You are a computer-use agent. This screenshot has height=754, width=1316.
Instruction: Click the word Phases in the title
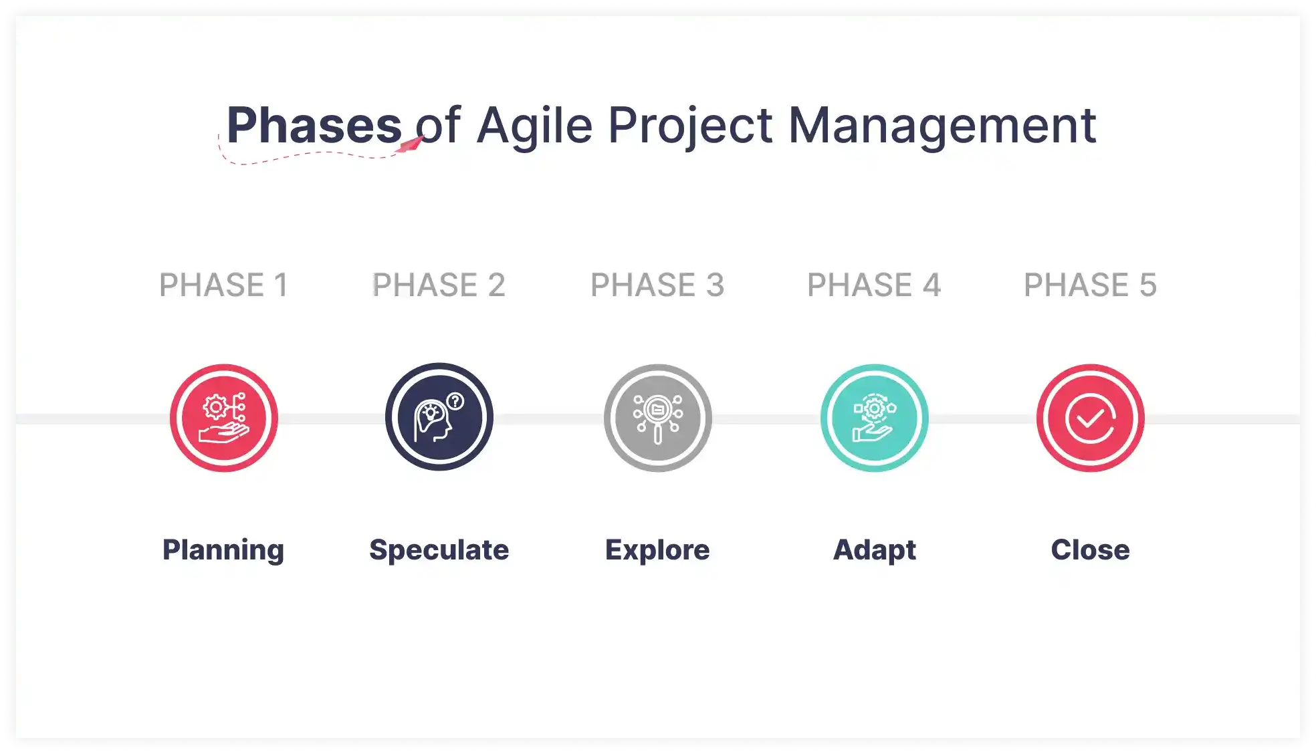pyautogui.click(x=314, y=126)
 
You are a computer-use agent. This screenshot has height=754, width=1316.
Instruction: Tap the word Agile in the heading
pyautogui.click(x=534, y=126)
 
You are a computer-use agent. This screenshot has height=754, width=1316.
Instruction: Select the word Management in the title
pyautogui.click(x=942, y=126)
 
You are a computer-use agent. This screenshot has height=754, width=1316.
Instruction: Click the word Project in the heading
pyautogui.click(x=690, y=126)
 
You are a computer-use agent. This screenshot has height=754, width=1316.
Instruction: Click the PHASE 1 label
pyautogui.click(x=223, y=285)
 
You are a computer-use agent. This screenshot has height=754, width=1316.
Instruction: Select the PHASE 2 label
pyautogui.click(x=439, y=285)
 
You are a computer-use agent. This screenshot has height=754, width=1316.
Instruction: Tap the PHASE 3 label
pyautogui.click(x=657, y=285)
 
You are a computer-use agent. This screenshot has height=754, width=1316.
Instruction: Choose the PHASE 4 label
pyautogui.click(x=874, y=285)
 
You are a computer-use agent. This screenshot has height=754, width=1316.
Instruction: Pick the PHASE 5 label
pyautogui.click(x=1090, y=285)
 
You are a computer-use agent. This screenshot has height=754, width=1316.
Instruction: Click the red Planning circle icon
pyautogui.click(x=223, y=418)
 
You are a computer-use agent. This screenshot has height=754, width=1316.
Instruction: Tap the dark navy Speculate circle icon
pyautogui.click(x=439, y=417)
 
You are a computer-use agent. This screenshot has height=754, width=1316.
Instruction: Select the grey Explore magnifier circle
pyautogui.click(x=657, y=418)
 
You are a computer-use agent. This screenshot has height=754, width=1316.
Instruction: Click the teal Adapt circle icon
pyautogui.click(x=874, y=418)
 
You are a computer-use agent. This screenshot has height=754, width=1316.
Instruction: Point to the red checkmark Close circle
pyautogui.click(x=1090, y=418)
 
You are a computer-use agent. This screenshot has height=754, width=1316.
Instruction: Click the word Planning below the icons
pyautogui.click(x=223, y=550)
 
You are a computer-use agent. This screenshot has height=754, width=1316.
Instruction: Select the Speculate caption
pyautogui.click(x=439, y=550)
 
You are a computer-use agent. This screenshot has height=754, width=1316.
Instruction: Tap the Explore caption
pyautogui.click(x=657, y=550)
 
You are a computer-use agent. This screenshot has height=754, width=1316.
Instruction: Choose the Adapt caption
pyautogui.click(x=874, y=550)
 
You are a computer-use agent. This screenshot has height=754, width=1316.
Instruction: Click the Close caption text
pyautogui.click(x=1090, y=550)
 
